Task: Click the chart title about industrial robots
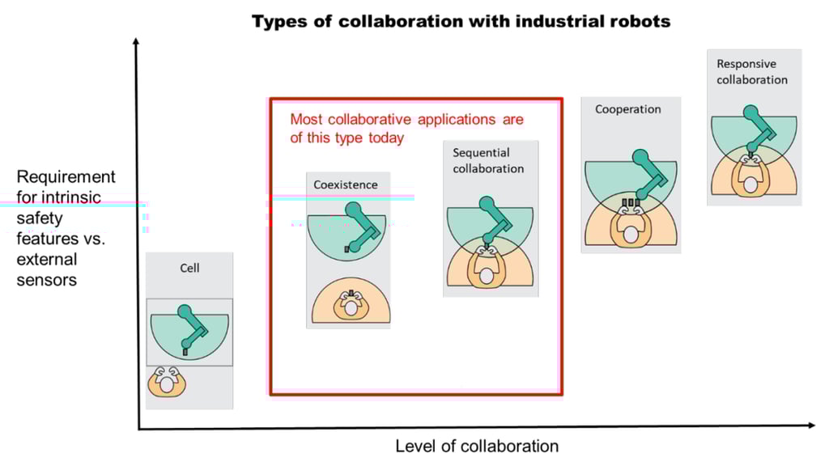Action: [x=461, y=22]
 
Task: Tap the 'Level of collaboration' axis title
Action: [x=477, y=447]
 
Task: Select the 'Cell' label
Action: [x=189, y=268]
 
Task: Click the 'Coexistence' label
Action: [x=346, y=185]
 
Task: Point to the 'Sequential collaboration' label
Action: [x=488, y=161]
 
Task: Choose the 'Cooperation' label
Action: [x=628, y=109]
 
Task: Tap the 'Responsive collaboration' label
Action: [x=752, y=72]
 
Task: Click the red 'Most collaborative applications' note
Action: [x=406, y=129]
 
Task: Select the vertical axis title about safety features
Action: [x=66, y=227]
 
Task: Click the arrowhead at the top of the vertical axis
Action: [x=136, y=41]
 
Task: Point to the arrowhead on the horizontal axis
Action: [x=811, y=426]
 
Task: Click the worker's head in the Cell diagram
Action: [x=167, y=384]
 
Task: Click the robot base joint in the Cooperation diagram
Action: [x=640, y=158]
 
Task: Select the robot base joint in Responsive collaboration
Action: [x=750, y=112]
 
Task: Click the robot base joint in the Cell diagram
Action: [x=185, y=311]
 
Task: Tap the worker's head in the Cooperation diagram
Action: [x=631, y=235]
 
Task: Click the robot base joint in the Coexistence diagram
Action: [x=353, y=210]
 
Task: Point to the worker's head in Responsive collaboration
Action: [x=750, y=185]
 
